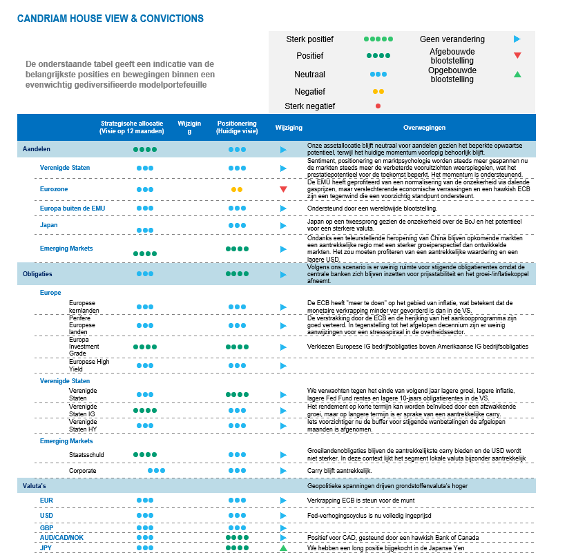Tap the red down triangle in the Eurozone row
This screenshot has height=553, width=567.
(283, 189)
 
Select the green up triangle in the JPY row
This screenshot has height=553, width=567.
(283, 547)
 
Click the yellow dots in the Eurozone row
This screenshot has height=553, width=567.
(237, 189)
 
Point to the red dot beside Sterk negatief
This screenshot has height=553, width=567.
(378, 106)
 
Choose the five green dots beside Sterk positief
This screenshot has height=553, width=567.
(378, 39)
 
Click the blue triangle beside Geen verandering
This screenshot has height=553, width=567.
(517, 39)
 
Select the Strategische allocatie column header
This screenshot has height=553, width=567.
(132, 127)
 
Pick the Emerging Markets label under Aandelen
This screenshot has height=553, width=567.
(66, 249)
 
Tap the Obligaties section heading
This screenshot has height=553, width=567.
(37, 274)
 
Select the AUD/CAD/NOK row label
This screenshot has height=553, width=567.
(61, 537)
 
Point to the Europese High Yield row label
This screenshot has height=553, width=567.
(89, 365)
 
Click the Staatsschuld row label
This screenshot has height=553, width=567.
(87, 455)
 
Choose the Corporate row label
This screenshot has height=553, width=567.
(82, 470)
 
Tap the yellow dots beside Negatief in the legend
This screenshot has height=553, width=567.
(378, 91)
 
